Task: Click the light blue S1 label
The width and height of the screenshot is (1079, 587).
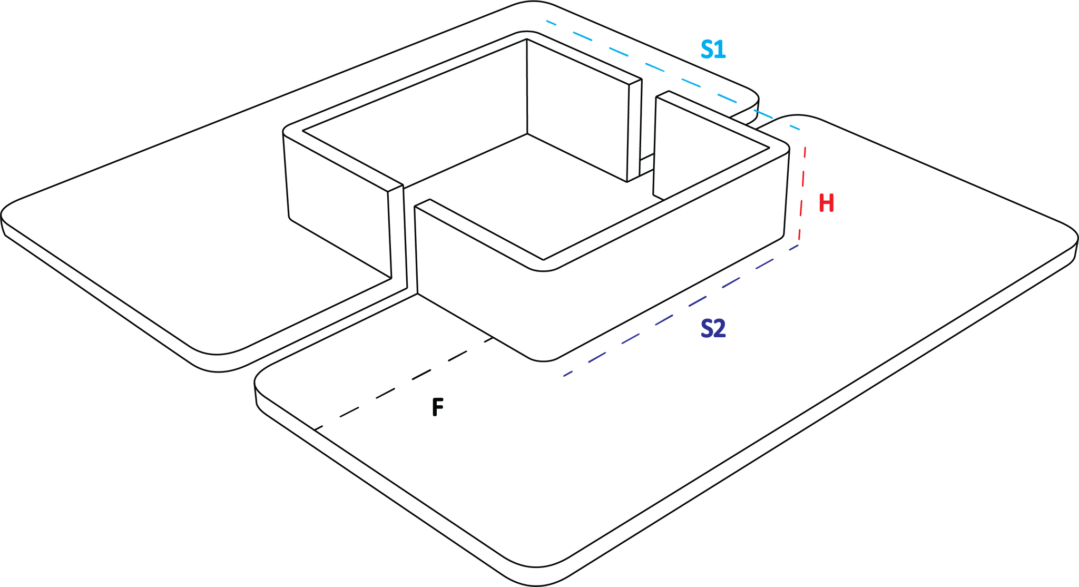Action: point(713,49)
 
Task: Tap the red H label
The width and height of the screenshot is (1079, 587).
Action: point(827,203)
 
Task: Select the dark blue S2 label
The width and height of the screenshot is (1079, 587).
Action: point(713,328)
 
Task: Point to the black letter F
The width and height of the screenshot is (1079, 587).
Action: point(438,407)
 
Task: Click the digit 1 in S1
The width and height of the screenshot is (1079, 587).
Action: point(721,49)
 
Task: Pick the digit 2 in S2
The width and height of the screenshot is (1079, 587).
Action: point(720,328)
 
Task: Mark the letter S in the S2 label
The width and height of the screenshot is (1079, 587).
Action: point(707,328)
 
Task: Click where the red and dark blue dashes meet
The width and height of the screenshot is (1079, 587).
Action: point(799,244)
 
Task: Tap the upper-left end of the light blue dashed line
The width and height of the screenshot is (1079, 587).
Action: point(547,22)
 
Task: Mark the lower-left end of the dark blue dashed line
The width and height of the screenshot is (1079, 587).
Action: point(564,376)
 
